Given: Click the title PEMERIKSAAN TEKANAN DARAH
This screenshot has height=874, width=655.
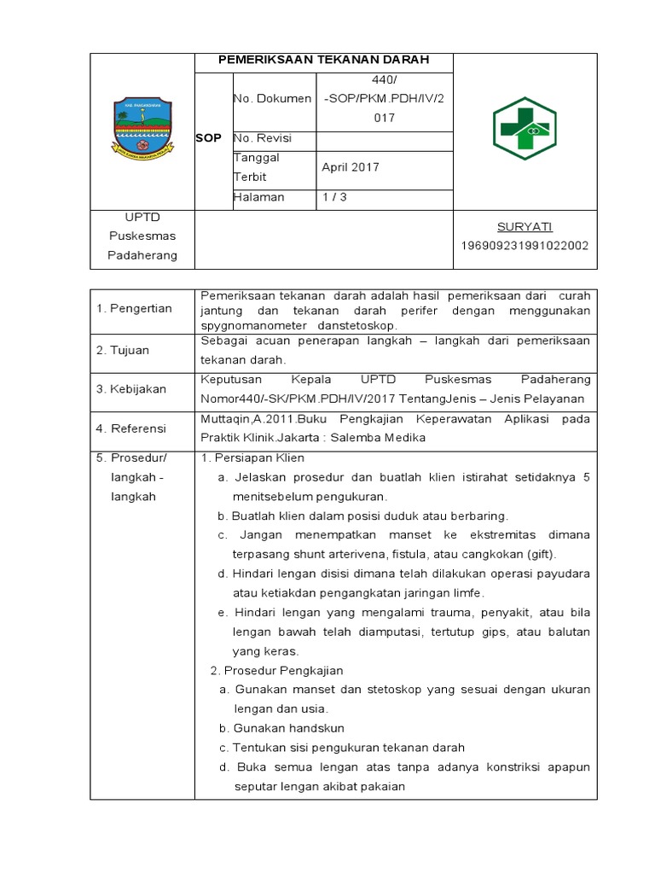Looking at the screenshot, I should [323, 60].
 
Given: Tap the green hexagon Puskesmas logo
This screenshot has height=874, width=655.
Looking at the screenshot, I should [525, 128].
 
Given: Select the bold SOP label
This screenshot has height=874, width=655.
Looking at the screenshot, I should [208, 138].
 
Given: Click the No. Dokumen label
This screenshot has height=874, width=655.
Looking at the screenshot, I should [272, 98].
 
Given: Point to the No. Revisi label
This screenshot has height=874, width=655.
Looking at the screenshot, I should [263, 137].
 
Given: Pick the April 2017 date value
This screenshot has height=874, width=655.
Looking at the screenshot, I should [350, 167].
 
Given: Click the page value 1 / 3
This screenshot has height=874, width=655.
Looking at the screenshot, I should [334, 197].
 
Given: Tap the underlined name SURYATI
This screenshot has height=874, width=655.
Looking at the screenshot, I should [525, 226].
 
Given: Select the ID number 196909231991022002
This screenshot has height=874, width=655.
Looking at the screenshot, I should [525, 246].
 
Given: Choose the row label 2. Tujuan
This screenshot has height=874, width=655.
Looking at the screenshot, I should [124, 350].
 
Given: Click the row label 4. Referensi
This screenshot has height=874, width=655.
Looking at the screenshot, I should [130, 428].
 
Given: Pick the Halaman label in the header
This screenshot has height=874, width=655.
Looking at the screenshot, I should [258, 197].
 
